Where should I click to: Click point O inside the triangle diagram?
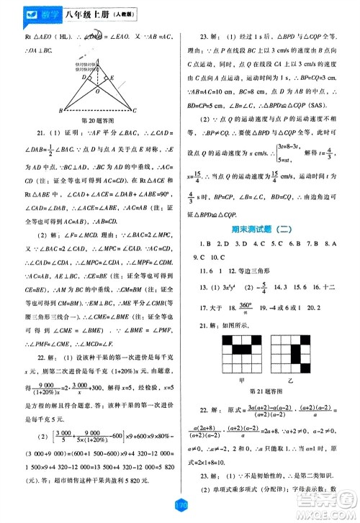pyautogui.click(x=98, y=93)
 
